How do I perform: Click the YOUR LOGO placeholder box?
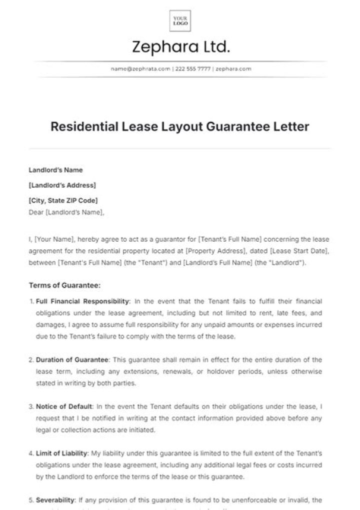(x=180, y=21)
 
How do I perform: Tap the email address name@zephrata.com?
(x=140, y=69)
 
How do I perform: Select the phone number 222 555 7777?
(x=192, y=69)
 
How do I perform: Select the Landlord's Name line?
(x=56, y=170)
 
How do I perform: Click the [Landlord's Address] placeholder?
(x=62, y=185)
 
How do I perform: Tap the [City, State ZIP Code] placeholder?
(x=63, y=200)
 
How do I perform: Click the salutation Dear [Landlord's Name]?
(x=67, y=212)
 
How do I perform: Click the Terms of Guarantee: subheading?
(x=65, y=286)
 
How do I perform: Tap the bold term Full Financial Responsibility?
(x=82, y=301)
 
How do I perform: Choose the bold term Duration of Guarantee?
(x=72, y=360)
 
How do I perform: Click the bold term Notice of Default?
(x=64, y=406)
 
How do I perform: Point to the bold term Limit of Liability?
(x=62, y=453)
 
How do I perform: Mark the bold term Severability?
(x=55, y=500)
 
